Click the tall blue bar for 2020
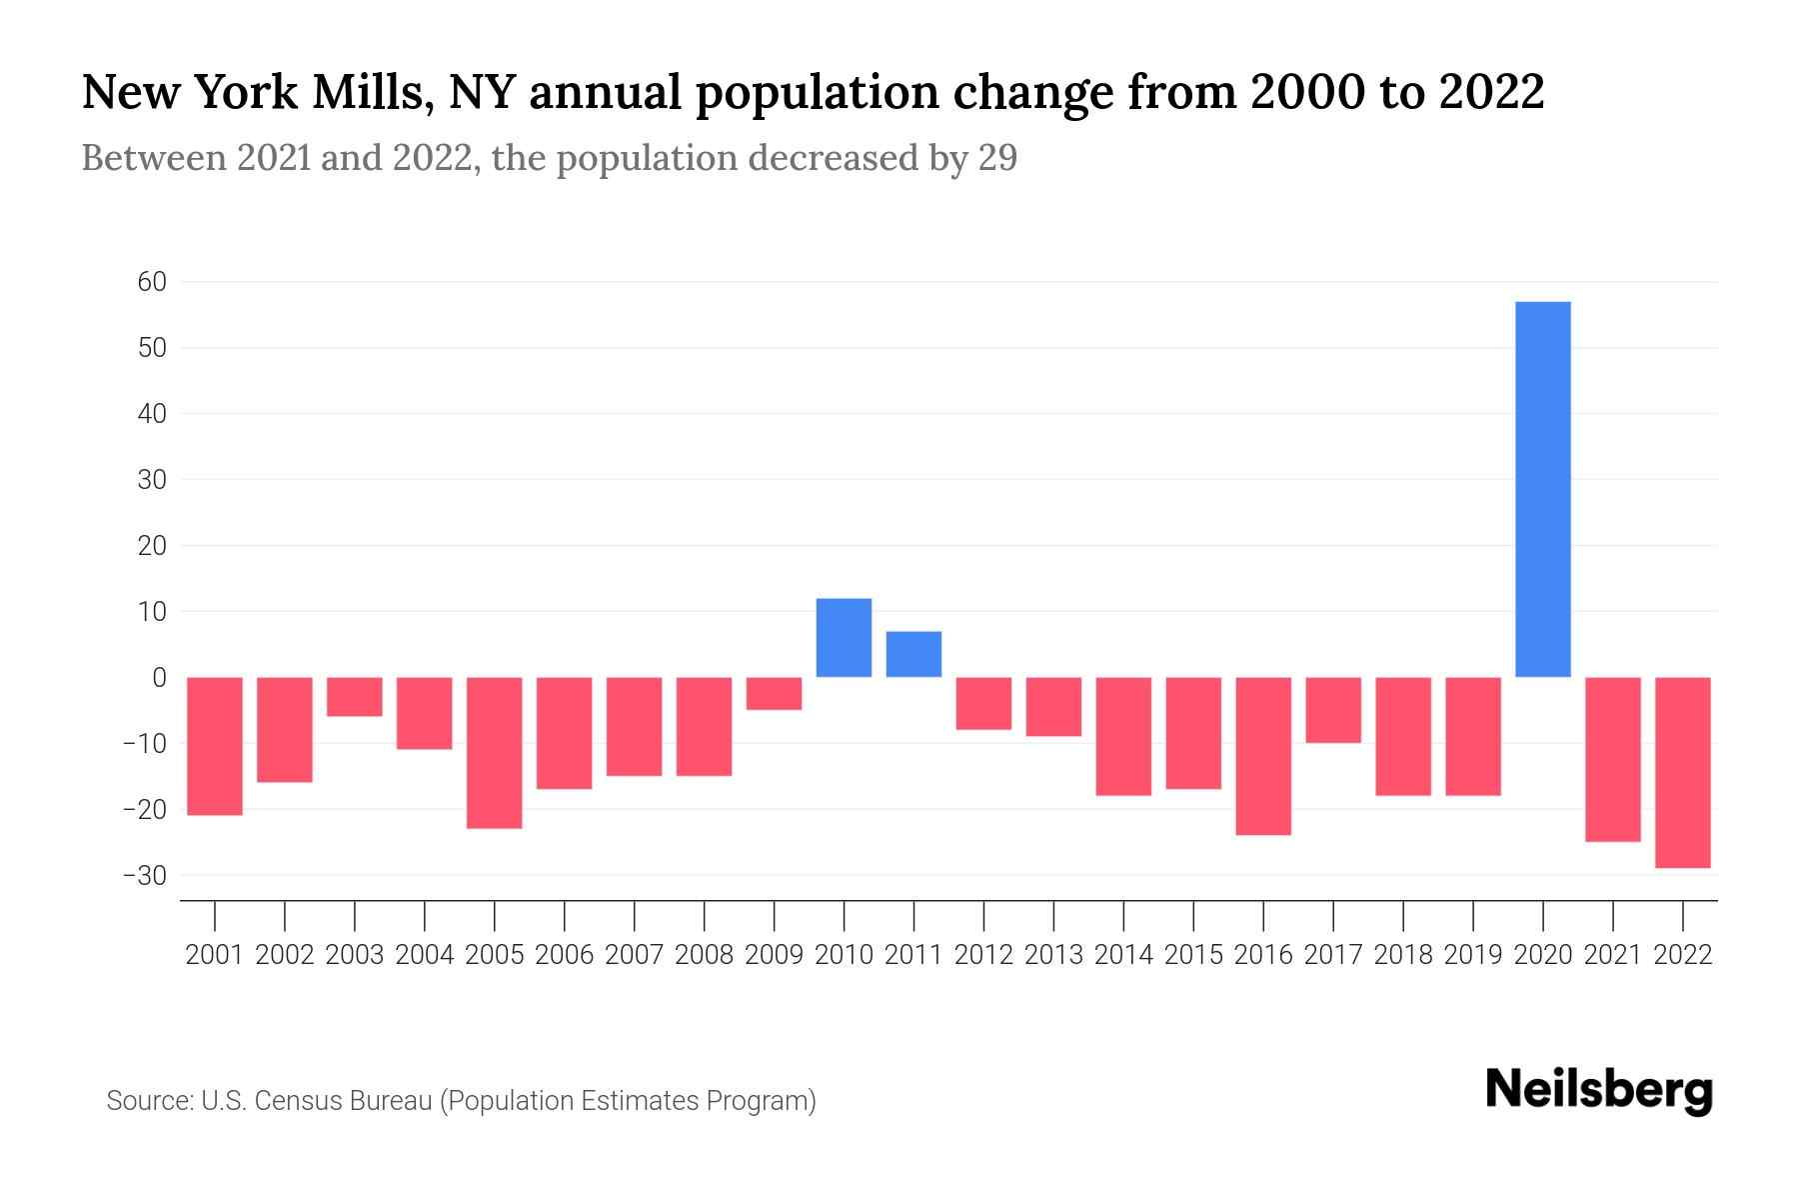point(1543,489)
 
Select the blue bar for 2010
point(844,638)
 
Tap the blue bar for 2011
point(913,654)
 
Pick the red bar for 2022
point(1683,772)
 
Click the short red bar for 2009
point(774,693)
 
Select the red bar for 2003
point(355,696)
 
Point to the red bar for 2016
point(1263,755)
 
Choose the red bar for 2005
point(495,752)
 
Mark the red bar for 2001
point(215,746)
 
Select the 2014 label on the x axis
point(1123,955)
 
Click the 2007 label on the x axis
point(634,955)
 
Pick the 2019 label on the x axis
point(1472,955)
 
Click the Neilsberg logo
point(1599,1091)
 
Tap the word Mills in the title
point(371,93)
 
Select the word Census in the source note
point(296,1101)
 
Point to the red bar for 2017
point(1333,710)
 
